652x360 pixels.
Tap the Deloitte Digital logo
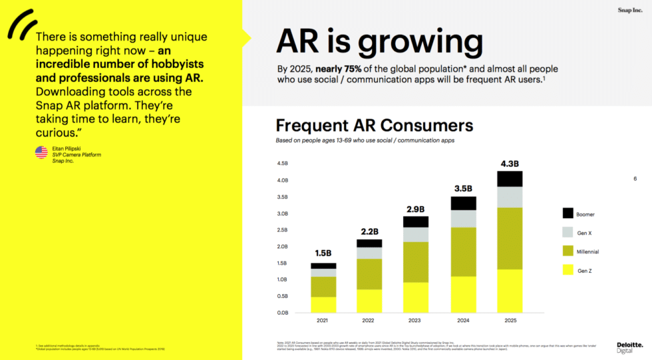pos(629,347)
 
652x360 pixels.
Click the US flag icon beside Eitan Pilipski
pos(41,152)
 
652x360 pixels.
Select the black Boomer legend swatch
pos(568,214)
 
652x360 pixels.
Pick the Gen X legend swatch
pos(568,232)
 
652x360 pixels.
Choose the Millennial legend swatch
pos(568,252)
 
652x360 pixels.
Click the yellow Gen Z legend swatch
pos(568,270)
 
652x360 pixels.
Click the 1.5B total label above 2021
pos(323,254)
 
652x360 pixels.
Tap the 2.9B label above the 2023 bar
pos(416,208)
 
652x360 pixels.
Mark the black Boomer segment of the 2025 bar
pos(510,178)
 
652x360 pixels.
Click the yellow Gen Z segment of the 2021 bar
pos(323,305)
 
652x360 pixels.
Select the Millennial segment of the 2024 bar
pos(463,252)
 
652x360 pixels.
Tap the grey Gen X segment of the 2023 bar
pos(416,234)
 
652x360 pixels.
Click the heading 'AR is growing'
pos(379,41)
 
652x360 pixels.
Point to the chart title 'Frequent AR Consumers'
pos(374,125)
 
